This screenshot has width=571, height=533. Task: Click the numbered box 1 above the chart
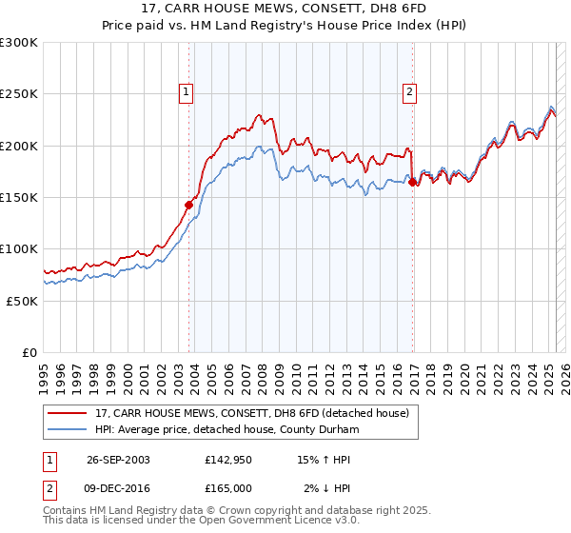186,92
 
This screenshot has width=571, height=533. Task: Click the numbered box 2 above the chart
409,92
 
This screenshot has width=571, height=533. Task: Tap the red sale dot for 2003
189,203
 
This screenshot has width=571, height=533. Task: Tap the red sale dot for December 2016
412,183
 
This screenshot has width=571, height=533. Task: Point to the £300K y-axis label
19,43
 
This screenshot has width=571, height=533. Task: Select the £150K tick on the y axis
19,197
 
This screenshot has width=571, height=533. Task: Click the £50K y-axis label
23,301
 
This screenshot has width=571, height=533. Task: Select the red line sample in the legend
68,413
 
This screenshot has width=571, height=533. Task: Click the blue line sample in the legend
68,430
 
